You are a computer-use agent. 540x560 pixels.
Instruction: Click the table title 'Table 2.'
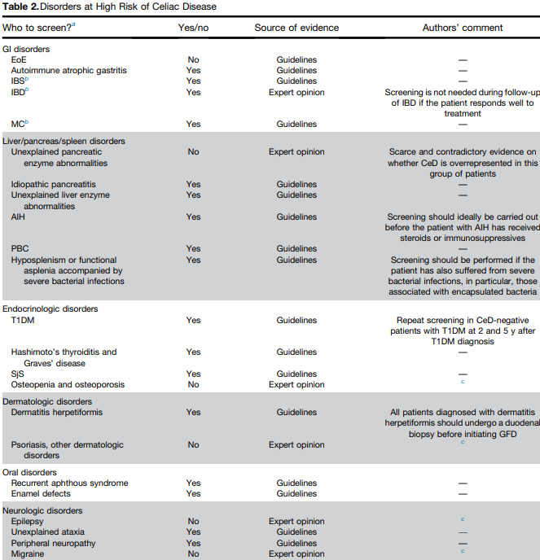tap(20, 7)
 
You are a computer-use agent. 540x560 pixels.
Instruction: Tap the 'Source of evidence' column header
tap(296, 28)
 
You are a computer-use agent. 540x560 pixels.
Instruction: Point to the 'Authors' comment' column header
tap(462, 28)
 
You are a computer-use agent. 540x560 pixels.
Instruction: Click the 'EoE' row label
tap(18, 60)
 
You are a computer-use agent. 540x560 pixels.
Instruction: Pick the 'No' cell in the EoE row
tap(193, 60)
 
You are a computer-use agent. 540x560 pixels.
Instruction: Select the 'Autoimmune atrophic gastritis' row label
tap(69, 71)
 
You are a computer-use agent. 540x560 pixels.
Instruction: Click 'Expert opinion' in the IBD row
tap(296, 93)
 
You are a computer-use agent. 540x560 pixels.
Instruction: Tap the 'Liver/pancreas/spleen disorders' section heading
tap(64, 141)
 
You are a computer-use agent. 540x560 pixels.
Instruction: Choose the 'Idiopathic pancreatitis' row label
tap(54, 185)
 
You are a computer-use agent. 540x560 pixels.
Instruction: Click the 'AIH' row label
tap(18, 217)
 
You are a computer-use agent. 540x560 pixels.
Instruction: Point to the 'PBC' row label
tap(20, 249)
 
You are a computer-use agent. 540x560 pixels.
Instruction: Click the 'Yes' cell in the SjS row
tap(193, 374)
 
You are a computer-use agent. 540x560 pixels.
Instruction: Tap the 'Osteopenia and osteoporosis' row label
tap(68, 385)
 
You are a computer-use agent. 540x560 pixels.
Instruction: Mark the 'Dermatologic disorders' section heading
tap(48, 401)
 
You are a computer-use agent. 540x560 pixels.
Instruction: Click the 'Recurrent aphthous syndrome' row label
tap(70, 483)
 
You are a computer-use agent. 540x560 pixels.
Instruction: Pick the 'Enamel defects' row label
tap(41, 494)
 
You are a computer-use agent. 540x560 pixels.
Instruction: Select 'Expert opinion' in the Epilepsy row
tap(296, 522)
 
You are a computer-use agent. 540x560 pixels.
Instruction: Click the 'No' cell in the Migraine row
tap(193, 554)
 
